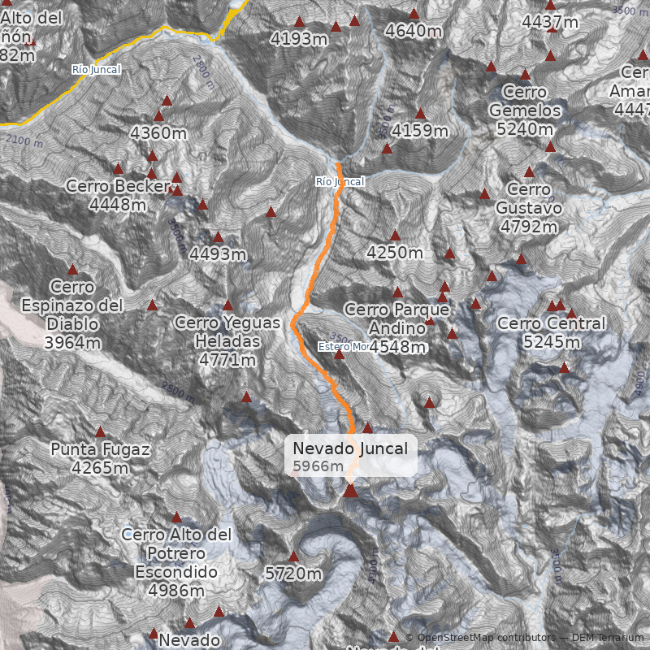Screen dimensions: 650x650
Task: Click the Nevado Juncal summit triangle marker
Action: (350, 490)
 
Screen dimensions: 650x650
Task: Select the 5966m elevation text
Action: (318, 466)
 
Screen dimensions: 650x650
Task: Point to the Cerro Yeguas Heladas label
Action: (227, 340)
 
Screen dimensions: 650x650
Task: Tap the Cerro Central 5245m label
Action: (552, 332)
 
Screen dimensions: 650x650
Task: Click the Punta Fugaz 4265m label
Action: (100, 458)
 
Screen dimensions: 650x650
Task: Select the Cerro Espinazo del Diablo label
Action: (72, 315)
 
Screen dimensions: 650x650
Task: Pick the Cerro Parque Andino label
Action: (396, 328)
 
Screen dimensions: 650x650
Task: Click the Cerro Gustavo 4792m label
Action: (529, 208)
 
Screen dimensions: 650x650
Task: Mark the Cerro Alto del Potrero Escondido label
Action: (176, 562)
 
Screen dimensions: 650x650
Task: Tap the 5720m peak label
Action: (294, 574)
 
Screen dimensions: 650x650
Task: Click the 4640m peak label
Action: (414, 31)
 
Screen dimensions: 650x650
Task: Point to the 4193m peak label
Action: (299, 38)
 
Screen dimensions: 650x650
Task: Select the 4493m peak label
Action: (218, 254)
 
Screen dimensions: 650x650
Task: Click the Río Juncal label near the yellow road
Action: (96, 70)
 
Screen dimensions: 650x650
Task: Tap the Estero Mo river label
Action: (343, 347)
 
